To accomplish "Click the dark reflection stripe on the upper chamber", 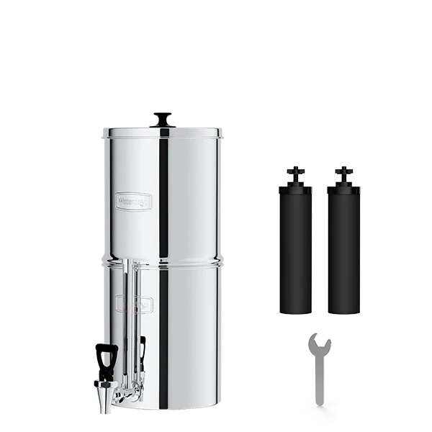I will (x=164, y=194).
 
